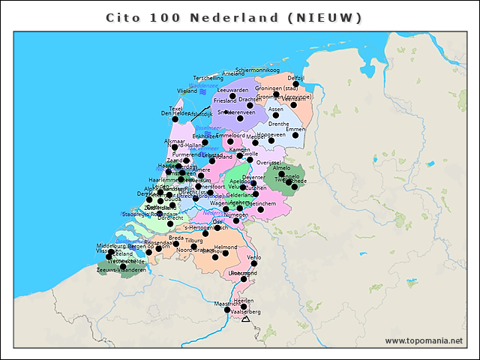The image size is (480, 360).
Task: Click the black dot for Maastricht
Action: coord(227,309)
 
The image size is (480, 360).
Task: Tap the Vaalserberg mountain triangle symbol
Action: coord(245,319)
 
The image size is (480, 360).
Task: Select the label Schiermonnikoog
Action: coord(257,70)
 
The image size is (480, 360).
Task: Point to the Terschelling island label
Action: coord(208,78)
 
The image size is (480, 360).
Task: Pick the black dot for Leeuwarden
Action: coord(232,96)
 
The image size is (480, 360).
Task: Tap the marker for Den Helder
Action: coord(175,118)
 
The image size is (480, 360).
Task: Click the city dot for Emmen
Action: coord(295,135)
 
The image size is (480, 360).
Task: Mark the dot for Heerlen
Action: coord(243,306)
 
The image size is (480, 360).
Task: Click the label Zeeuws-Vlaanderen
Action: coord(121,270)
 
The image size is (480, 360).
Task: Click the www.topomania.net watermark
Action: coord(424,341)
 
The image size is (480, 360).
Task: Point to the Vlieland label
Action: coord(187,91)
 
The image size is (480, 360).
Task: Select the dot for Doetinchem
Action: coord(260,209)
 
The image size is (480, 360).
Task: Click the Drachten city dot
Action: coord(250,105)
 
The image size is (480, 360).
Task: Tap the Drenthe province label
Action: coord(278,124)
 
